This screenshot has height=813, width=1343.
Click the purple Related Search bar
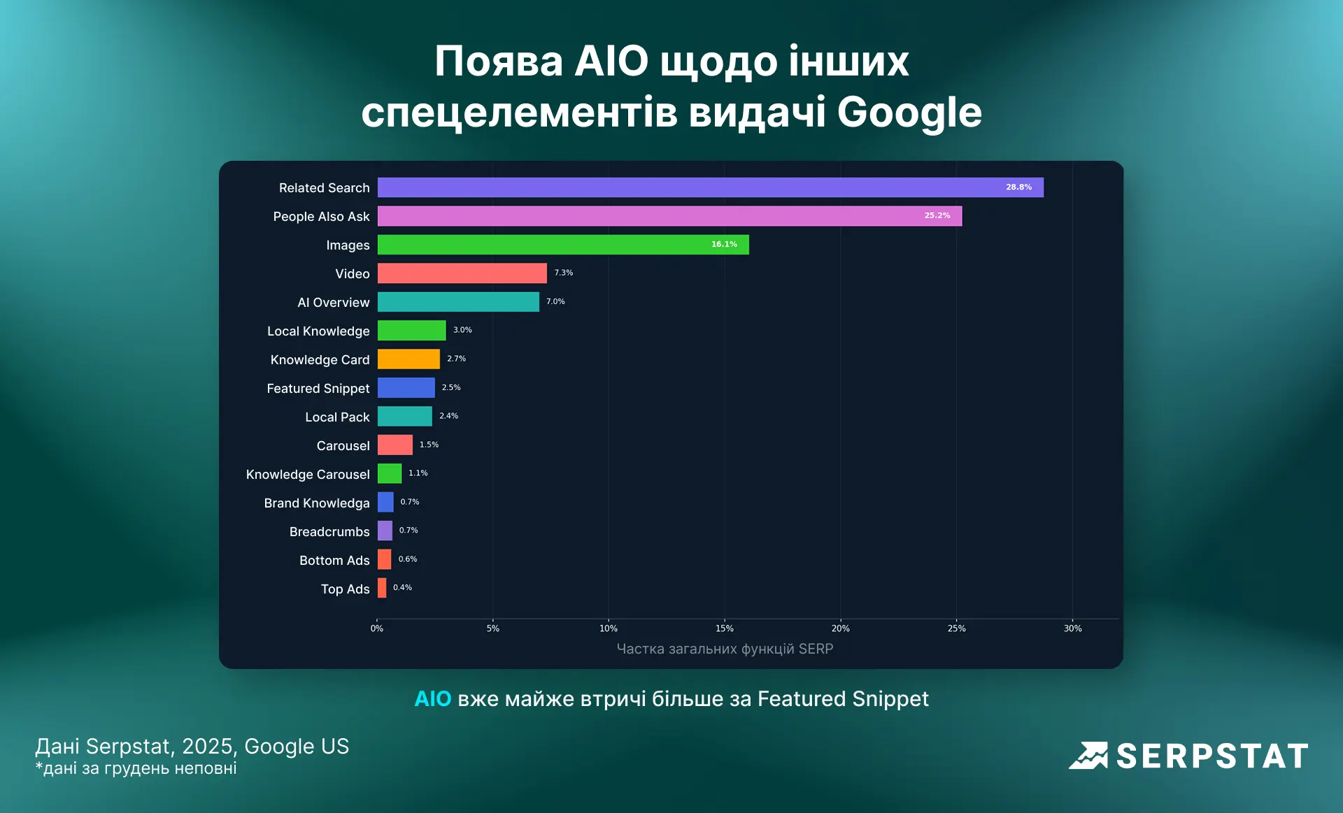tap(710, 187)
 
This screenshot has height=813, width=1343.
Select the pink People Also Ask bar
tap(669, 216)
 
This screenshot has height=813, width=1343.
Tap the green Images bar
tap(563, 245)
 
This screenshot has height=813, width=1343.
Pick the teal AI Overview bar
tap(458, 302)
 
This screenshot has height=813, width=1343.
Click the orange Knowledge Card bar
tap(408, 359)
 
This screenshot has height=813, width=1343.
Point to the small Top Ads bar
tap(382, 588)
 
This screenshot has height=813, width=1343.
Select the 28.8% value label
tap(1018, 187)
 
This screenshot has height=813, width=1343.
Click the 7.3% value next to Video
tap(563, 273)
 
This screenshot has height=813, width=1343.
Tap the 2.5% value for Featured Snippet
tap(451, 387)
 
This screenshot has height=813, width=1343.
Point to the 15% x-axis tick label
tap(725, 628)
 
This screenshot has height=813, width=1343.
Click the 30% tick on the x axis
tap(1072, 628)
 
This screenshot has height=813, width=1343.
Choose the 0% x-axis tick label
tap(377, 628)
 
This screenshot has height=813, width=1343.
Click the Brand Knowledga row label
tap(317, 503)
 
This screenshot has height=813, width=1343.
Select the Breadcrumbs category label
tap(329, 532)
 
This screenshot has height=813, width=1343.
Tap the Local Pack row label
tap(337, 417)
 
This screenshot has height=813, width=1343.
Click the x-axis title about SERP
tap(725, 649)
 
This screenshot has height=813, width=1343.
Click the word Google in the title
tap(909, 112)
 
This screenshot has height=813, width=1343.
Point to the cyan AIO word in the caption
tap(432, 699)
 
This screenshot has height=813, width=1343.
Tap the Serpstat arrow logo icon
tap(1088, 756)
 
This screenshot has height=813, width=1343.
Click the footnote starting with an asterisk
tap(136, 768)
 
